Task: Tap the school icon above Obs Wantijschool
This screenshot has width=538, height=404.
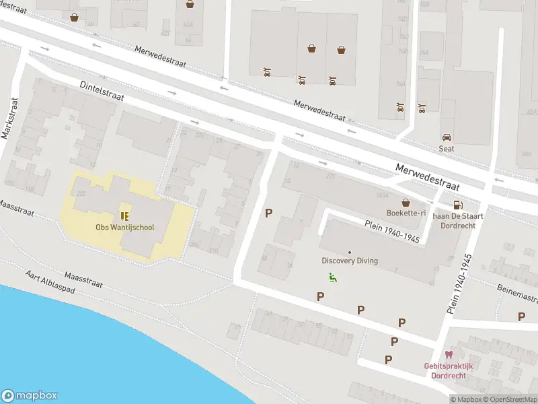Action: coord(124,215)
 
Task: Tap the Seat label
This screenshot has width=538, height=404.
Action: coord(447,149)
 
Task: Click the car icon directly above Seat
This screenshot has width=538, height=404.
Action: coord(447,137)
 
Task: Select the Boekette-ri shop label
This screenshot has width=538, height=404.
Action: coord(406,213)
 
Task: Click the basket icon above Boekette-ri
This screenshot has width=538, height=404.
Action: coord(406,202)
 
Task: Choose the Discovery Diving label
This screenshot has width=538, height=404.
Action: coord(349,261)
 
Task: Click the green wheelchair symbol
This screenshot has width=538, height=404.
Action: coord(332,277)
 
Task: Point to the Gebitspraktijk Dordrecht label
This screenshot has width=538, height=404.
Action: coord(449,370)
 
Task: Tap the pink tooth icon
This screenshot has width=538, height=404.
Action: coord(449,355)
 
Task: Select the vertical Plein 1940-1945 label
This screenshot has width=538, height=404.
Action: coord(459,284)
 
